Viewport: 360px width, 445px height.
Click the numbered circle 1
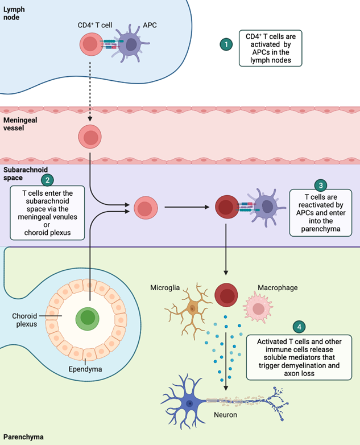tap(226, 44)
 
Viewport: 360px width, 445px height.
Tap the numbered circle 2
tap(48, 180)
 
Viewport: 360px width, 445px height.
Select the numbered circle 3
tap(320, 185)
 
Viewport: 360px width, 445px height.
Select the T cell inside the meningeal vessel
tap(90, 137)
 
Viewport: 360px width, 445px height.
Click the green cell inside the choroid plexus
tap(87, 318)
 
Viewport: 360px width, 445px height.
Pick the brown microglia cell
tap(192, 308)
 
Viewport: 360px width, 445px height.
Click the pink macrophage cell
tap(259, 308)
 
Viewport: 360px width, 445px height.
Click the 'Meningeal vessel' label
tap(20, 124)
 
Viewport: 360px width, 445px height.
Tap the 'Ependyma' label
tap(85, 368)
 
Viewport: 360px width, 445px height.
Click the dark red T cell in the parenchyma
tap(226, 294)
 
